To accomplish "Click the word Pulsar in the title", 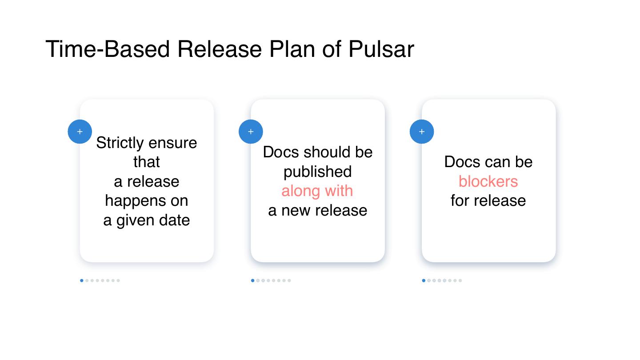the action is click(381, 49).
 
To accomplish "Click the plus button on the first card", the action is click(80, 132).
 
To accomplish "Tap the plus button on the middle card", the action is click(251, 132).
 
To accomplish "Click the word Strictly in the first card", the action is click(120, 143).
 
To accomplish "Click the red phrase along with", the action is click(317, 191).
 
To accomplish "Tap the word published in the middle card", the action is click(317, 172).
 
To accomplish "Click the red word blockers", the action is click(488, 181).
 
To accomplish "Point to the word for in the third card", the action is click(460, 201).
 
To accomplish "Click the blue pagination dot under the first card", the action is click(82, 280).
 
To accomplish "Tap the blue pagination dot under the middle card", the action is click(253, 280).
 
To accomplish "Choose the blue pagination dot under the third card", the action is click(424, 280).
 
